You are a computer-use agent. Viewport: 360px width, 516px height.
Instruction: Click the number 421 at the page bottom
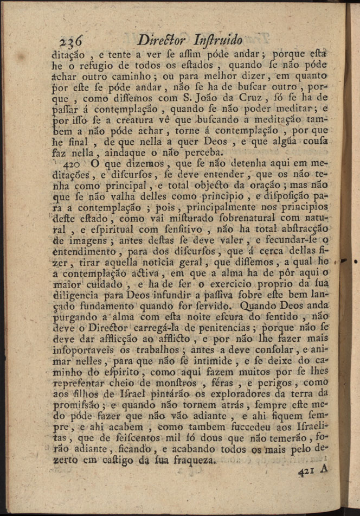(307, 472)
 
